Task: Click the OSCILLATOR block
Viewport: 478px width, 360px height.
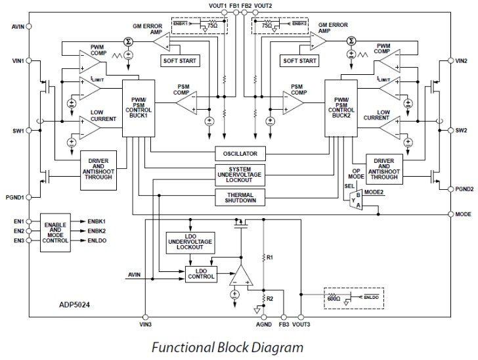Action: pyautogui.click(x=240, y=154)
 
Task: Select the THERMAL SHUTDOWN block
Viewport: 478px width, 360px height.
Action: pyautogui.click(x=240, y=197)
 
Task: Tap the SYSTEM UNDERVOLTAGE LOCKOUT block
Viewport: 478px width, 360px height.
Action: pyautogui.click(x=240, y=175)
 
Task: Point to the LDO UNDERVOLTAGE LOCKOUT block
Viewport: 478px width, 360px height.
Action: pyautogui.click(x=190, y=242)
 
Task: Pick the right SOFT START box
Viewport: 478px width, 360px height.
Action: pyautogui.click(x=300, y=61)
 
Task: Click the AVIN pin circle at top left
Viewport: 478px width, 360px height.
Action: pyautogui.click(x=29, y=27)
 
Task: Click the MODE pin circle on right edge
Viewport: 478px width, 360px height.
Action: pyautogui.click(x=450, y=214)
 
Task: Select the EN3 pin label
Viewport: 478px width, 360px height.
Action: pyautogui.click(x=17, y=240)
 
